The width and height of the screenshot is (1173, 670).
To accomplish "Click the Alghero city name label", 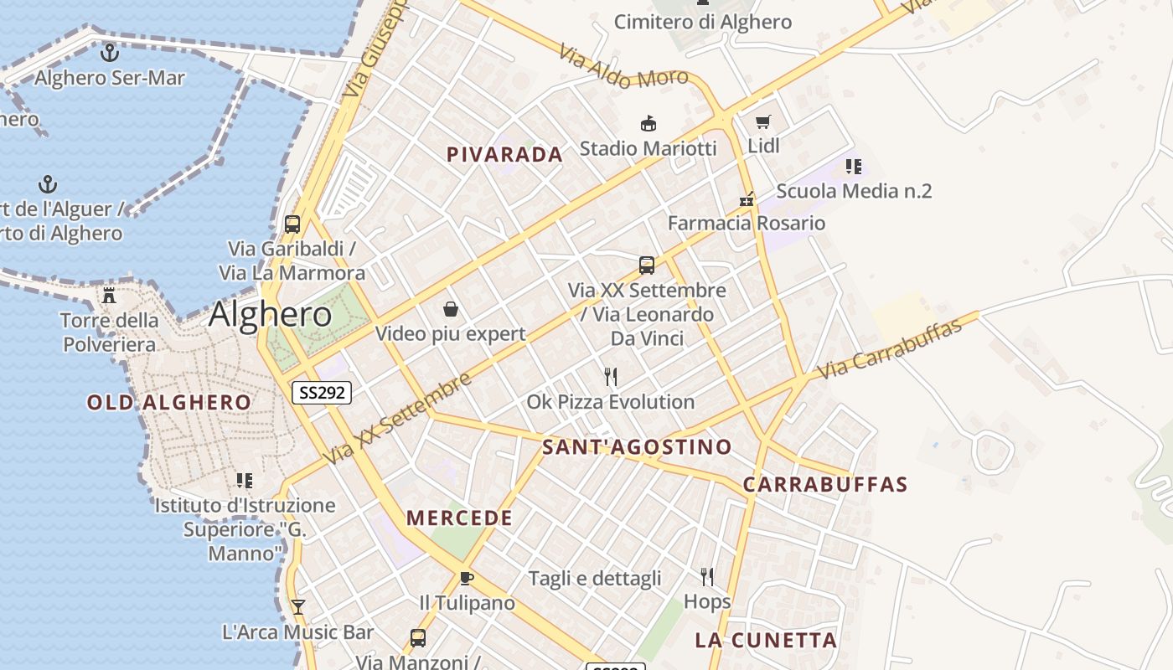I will coord(270,315).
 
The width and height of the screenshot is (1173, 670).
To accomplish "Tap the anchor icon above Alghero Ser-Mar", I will coord(109,53).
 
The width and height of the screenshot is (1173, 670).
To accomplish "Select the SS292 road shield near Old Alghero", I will coord(322,392).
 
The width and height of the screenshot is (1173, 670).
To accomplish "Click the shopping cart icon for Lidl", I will coord(762,122).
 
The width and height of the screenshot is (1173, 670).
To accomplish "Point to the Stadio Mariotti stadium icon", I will coord(648,124).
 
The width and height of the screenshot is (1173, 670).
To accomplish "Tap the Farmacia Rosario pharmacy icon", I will coord(747,200).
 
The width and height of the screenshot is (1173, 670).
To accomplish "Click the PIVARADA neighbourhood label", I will coord(504,155).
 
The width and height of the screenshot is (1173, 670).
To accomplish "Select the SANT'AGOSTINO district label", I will coord(637,447).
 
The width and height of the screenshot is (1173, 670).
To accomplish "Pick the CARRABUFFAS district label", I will coord(825,485).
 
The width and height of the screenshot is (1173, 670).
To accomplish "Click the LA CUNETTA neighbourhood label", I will coord(766,641).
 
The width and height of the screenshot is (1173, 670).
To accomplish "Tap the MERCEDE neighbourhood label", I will coord(459,518).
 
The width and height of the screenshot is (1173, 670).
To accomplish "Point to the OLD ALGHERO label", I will coord(169,403).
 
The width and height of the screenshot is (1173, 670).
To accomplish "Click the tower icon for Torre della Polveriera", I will coord(108,296).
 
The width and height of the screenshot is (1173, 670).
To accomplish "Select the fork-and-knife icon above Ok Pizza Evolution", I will coord(611,377).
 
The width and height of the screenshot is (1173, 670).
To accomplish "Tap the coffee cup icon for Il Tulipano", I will coord(467,578).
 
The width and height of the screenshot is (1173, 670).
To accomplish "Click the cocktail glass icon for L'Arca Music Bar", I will coord(297,607).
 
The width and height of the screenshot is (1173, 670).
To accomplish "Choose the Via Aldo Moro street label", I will coord(623,66).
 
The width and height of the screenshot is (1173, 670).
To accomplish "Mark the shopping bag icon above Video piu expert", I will coord(451,310).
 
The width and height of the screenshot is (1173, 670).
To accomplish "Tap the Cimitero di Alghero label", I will coord(702,23).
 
